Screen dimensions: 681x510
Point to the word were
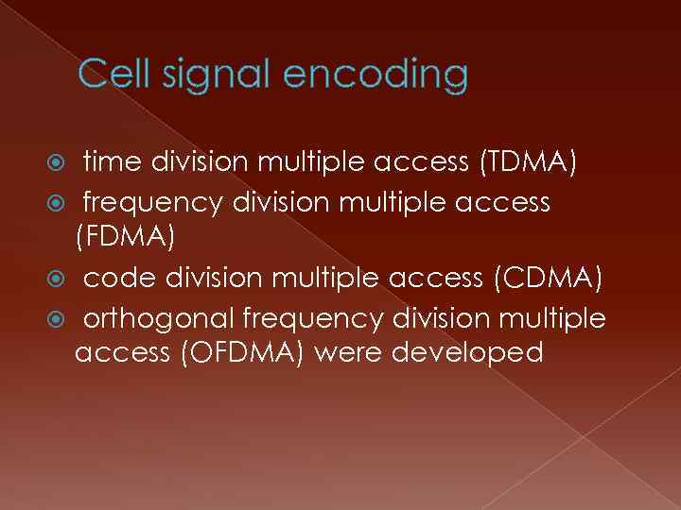point(345,353)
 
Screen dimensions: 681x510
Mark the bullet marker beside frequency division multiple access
point(65,202)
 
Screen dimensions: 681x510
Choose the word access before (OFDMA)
point(121,353)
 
